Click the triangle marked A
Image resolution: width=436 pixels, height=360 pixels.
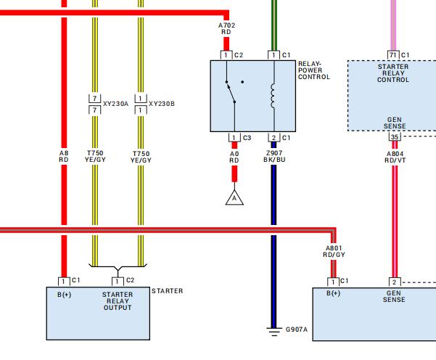coord(234,198)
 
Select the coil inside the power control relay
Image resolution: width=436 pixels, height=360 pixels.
coord(273,97)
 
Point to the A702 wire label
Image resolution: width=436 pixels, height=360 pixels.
coord(226,28)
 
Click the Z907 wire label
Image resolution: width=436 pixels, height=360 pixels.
coord(274,156)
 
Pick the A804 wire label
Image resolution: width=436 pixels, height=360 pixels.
coord(395,157)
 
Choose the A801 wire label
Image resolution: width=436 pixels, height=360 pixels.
coord(334,251)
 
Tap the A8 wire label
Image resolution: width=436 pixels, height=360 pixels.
coord(64,156)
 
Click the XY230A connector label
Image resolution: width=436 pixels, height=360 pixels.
coord(115,104)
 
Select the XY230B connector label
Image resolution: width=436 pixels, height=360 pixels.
coord(162,104)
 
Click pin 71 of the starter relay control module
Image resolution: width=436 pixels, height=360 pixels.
coord(393,55)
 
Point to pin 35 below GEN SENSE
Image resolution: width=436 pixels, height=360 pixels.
coord(395,136)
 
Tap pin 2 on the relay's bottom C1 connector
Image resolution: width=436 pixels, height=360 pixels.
coord(274,138)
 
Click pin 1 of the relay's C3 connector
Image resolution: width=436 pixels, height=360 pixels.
coord(234,138)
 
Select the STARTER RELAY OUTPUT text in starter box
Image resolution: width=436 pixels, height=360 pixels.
coord(118,301)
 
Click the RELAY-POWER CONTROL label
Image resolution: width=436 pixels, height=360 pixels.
coord(314,70)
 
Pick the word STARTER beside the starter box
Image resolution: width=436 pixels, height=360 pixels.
coord(167,291)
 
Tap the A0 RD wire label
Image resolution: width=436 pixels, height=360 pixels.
coord(234,157)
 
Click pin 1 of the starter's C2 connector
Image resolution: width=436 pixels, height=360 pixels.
coord(118,282)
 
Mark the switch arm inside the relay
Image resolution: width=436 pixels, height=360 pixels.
coord(231,92)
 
